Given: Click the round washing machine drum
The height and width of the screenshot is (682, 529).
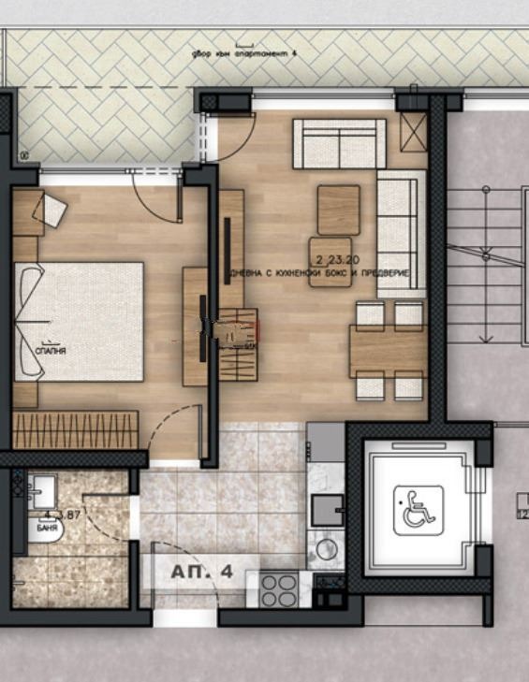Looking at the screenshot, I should click(x=325, y=549).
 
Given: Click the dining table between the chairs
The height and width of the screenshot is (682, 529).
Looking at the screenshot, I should click(x=388, y=351).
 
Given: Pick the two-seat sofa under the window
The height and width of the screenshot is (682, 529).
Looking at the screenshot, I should click(x=340, y=143).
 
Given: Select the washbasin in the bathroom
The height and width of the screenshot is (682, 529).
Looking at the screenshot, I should click(x=42, y=491).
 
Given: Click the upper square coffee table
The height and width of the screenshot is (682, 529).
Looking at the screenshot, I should click(x=338, y=210).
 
